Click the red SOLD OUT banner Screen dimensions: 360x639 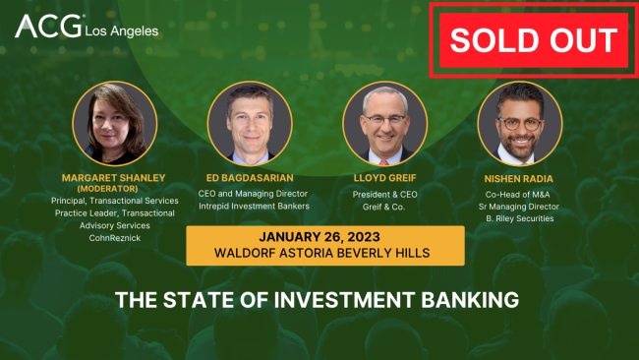pyautogui.click(x=534, y=40)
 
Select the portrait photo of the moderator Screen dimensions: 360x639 pyautogui.click(x=115, y=123)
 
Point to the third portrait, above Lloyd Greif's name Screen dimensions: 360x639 pyautogui.click(x=385, y=123)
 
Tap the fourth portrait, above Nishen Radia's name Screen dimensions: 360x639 pyautogui.click(x=520, y=123)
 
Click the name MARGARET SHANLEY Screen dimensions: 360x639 pyautogui.click(x=115, y=177)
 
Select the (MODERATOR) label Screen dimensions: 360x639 pyautogui.click(x=115, y=188)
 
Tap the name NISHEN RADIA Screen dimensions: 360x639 pyautogui.click(x=520, y=179)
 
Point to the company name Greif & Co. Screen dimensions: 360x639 pyautogui.click(x=385, y=208)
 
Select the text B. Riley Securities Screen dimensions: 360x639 pyautogui.click(x=520, y=218)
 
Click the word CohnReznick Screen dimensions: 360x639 pyautogui.click(x=115, y=236)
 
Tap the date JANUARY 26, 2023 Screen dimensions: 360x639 pyautogui.click(x=324, y=237)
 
